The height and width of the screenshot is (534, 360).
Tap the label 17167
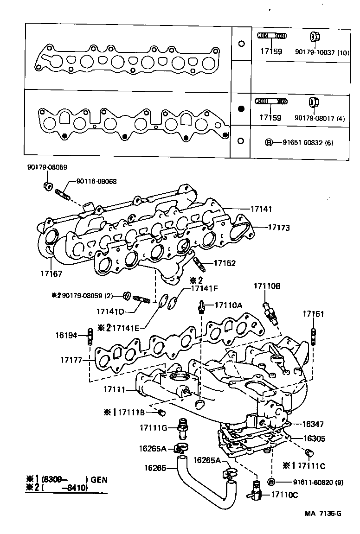pos(50,274)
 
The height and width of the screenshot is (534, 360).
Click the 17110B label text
pos(267,286)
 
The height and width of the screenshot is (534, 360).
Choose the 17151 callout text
pos(313,314)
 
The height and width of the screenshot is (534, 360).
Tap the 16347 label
pos(314,424)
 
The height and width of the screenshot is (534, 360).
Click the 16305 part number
pos(314,438)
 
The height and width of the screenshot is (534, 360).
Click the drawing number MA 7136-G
pos(323,513)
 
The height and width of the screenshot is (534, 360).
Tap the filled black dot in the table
pos(241,109)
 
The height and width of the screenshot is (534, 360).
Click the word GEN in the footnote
pos(99,480)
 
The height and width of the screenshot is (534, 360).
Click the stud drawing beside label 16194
pos(89,336)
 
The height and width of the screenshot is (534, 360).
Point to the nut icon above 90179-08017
pos(313,102)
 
